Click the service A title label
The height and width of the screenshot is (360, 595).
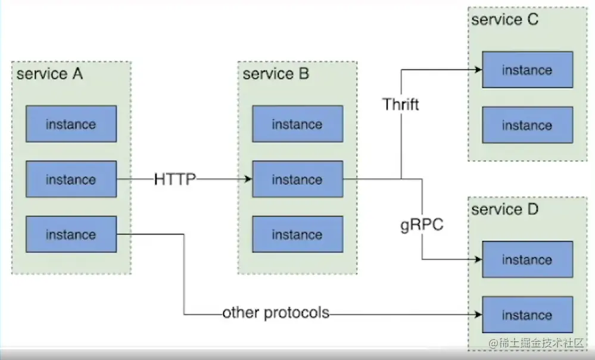tap(50, 75)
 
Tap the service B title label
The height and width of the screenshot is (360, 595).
tap(276, 75)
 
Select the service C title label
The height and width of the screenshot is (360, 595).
tap(504, 20)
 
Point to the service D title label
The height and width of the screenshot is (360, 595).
tap(504, 210)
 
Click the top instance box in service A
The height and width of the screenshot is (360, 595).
tap(71, 124)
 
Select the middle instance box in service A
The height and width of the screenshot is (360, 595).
tap(71, 179)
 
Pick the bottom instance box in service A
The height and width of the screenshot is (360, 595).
tap(71, 235)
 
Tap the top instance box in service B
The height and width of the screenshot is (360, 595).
tap(297, 124)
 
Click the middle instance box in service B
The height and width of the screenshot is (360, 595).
tap(297, 179)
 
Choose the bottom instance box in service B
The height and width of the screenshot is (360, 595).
tap(297, 235)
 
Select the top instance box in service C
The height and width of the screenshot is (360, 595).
tap(527, 70)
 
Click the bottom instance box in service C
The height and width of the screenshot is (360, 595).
tap(527, 125)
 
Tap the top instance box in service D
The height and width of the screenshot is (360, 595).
tap(527, 259)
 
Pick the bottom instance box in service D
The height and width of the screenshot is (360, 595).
tap(527, 315)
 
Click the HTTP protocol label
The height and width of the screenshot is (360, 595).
tap(175, 179)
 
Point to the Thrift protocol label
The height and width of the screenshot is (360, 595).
tap(401, 105)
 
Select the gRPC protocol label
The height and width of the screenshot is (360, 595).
tap(422, 226)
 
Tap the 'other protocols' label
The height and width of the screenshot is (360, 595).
tap(276, 313)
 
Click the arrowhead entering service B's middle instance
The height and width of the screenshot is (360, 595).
tap(247, 179)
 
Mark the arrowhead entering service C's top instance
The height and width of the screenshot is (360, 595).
tap(477, 70)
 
